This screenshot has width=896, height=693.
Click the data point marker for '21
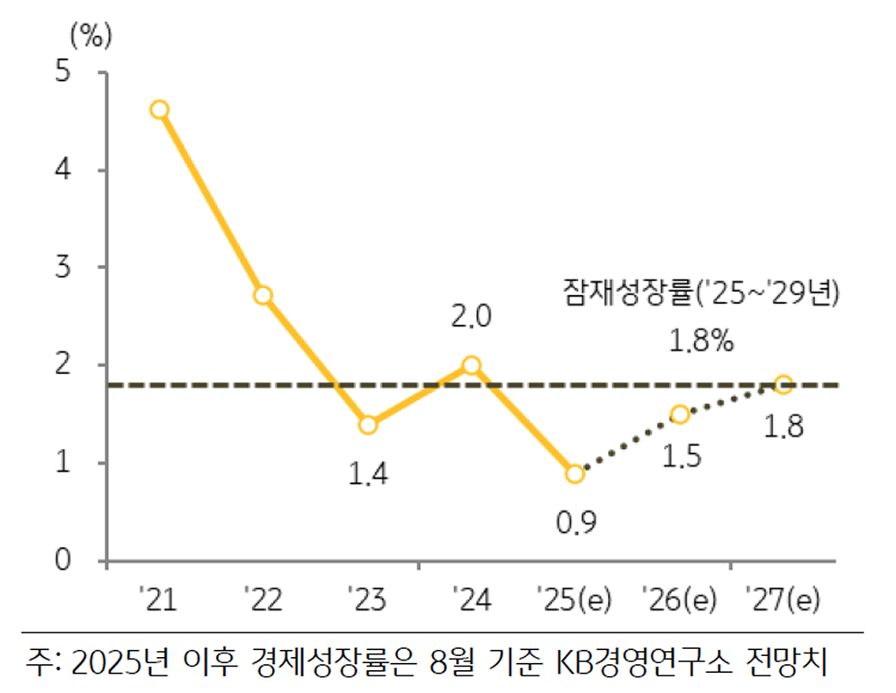[x=159, y=110]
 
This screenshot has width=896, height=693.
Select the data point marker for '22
[x=263, y=295]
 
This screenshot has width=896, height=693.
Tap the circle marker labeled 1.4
[x=367, y=425]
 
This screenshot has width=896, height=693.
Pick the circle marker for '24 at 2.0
[x=471, y=365]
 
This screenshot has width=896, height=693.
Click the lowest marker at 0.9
[x=575, y=473]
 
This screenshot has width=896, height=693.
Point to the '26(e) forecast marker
[x=679, y=415]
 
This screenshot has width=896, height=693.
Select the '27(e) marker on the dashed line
[x=784, y=385]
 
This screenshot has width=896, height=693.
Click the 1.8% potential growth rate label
[x=701, y=342]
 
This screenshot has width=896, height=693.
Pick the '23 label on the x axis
[x=367, y=600]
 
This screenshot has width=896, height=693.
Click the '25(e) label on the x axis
[x=575, y=600]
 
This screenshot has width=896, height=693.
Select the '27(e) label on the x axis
[x=782, y=600]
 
